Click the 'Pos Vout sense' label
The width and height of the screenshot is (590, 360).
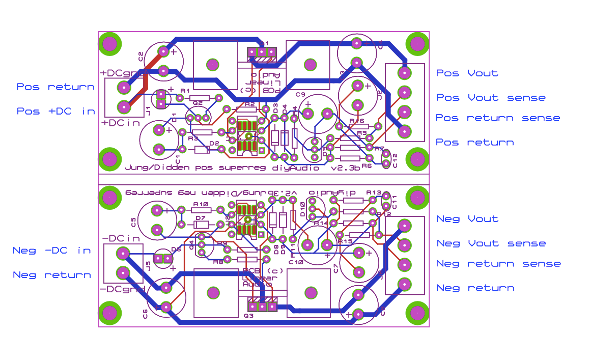click(491, 98)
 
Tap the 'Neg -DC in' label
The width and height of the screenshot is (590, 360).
click(52, 250)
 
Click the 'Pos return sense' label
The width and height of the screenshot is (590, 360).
click(497, 118)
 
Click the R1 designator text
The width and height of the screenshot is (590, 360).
click(185, 91)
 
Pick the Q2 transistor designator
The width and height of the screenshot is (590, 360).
click(198, 103)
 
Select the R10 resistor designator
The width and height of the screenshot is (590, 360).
click(201, 204)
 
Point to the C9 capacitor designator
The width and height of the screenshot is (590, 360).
click(300, 95)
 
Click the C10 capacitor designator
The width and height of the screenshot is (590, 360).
click(295, 262)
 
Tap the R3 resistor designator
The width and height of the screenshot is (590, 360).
click(192, 138)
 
